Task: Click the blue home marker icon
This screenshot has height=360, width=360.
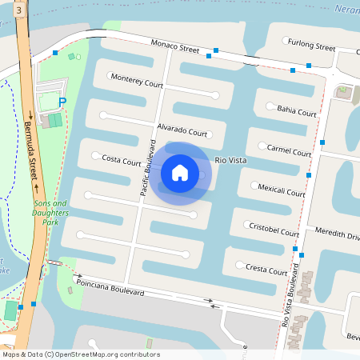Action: click(x=180, y=172)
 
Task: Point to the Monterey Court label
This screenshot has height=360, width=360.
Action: click(x=137, y=82)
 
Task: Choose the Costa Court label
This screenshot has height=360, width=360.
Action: click(x=122, y=160)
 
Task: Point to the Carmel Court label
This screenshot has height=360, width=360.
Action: click(x=290, y=150)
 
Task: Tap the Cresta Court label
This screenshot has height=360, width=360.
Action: click(x=266, y=271)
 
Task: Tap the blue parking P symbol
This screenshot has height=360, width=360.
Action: click(x=62, y=102)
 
